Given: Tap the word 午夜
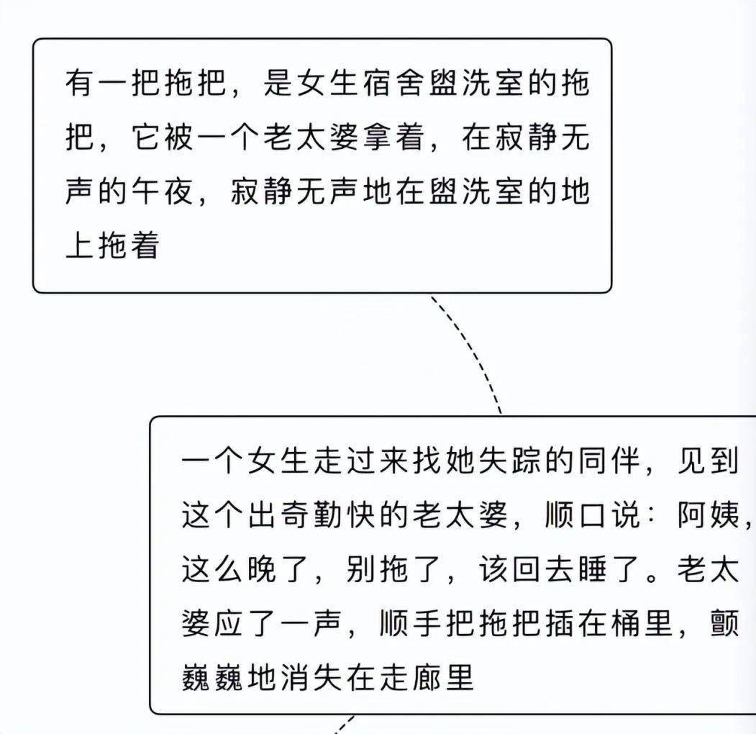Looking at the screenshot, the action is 163,191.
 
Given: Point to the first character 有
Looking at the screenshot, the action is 80,82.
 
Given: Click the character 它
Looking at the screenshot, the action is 146,137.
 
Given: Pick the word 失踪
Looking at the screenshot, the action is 510,460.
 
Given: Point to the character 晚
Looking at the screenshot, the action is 262,569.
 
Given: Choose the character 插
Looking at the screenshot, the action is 560,624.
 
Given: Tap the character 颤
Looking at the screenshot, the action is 724,624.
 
